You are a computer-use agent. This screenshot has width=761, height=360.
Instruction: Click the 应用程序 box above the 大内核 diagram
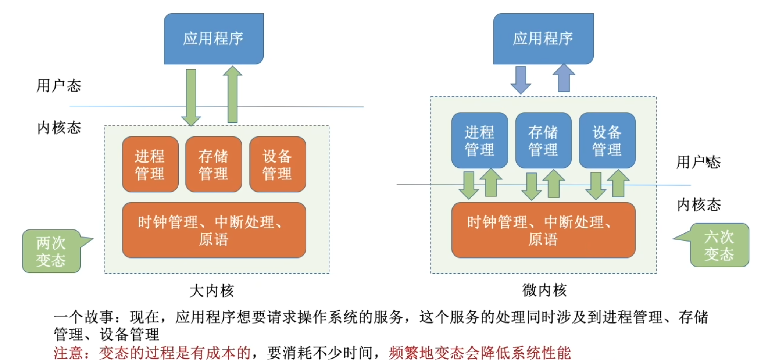coord(214,39)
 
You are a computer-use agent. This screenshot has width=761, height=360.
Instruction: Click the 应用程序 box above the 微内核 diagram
coord(543,39)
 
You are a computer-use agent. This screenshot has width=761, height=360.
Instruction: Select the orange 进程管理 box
coord(150,164)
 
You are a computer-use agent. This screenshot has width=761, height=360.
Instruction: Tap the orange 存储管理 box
coord(214,164)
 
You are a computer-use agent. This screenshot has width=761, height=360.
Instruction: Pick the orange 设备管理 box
coord(278,164)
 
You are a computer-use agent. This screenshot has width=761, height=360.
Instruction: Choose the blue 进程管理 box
coord(479,140)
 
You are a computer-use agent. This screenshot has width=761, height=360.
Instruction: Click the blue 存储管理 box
coord(543,140)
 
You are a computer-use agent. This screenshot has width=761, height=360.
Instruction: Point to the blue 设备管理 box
coord(607,140)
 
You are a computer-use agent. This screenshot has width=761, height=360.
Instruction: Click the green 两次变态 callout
coord(51,252)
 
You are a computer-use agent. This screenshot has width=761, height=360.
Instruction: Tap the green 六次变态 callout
coord(719,245)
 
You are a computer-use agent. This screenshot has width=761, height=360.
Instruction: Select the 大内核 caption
coord(212,291)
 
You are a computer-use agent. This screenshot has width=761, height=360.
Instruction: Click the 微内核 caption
coord(544,290)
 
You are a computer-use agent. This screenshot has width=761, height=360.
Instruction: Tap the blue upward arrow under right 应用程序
coord(564,78)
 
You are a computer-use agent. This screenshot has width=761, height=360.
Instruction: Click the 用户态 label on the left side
coord(59,86)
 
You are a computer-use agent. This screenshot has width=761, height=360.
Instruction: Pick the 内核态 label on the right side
coord(699,204)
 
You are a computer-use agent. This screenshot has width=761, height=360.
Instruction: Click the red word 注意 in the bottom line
coord(68,353)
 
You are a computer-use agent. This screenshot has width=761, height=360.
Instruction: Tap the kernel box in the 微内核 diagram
coord(543,230)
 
